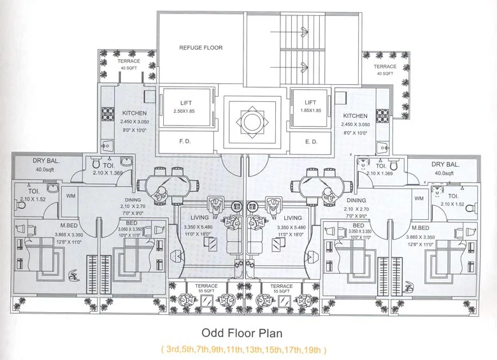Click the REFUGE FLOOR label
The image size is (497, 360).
[x=201, y=48]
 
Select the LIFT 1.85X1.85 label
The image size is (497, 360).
[x=310, y=103]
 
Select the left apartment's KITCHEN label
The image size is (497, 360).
[x=134, y=113]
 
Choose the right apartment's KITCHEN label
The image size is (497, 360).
[x=356, y=116]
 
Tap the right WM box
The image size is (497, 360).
[x=419, y=199]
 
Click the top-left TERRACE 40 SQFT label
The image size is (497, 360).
[x=128, y=62]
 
